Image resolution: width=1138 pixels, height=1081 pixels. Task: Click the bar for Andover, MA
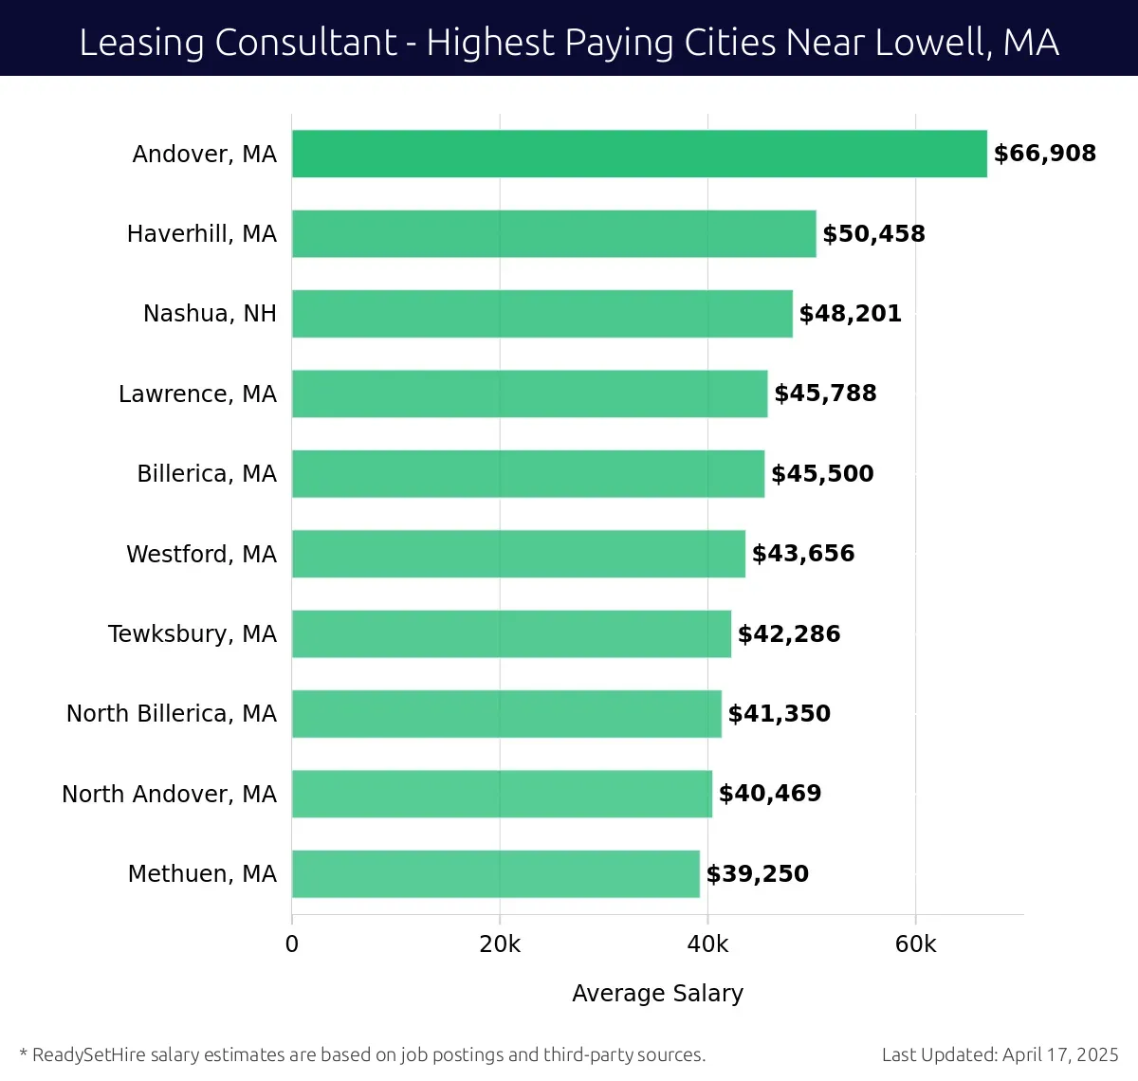tap(639, 154)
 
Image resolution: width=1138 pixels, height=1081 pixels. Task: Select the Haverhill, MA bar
tap(554, 233)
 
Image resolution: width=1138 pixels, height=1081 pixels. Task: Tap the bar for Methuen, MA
tap(495, 873)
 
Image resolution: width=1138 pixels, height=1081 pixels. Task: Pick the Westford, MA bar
tap(518, 554)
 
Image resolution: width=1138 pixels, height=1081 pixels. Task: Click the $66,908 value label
tap(1044, 154)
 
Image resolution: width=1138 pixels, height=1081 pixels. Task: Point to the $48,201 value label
tap(850, 314)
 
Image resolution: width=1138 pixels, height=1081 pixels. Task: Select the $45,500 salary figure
tap(822, 474)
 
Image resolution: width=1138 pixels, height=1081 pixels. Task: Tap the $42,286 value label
tap(789, 633)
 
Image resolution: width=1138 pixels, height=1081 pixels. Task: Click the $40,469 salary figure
tap(770, 794)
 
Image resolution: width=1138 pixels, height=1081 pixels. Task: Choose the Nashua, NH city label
tap(210, 314)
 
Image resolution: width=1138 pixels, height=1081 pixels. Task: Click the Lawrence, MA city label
tap(197, 394)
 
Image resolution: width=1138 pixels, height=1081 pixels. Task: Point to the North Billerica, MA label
tap(171, 714)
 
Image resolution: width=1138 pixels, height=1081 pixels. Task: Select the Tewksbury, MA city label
tap(192, 633)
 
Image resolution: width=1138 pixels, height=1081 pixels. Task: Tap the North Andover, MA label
tap(169, 794)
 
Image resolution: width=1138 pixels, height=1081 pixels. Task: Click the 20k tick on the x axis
tap(500, 944)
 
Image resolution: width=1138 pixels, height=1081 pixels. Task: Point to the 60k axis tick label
tap(915, 944)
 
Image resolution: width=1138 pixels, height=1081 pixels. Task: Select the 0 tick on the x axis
tap(292, 944)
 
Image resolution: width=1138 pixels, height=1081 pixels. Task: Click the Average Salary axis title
tap(657, 993)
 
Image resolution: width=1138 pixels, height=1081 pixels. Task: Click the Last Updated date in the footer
tap(1000, 1054)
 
